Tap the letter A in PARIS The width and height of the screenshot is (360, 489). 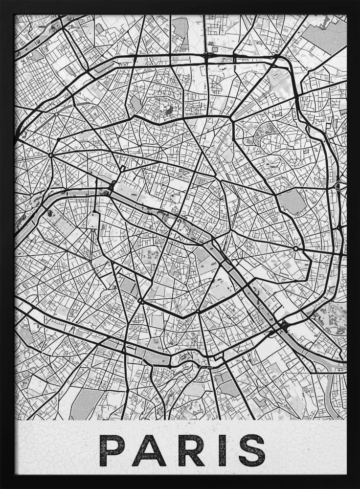[149, 450]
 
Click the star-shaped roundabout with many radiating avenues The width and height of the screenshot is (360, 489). [50, 155]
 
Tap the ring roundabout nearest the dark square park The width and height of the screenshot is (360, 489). [295, 248]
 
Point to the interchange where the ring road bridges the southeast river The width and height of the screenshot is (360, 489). [283, 325]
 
